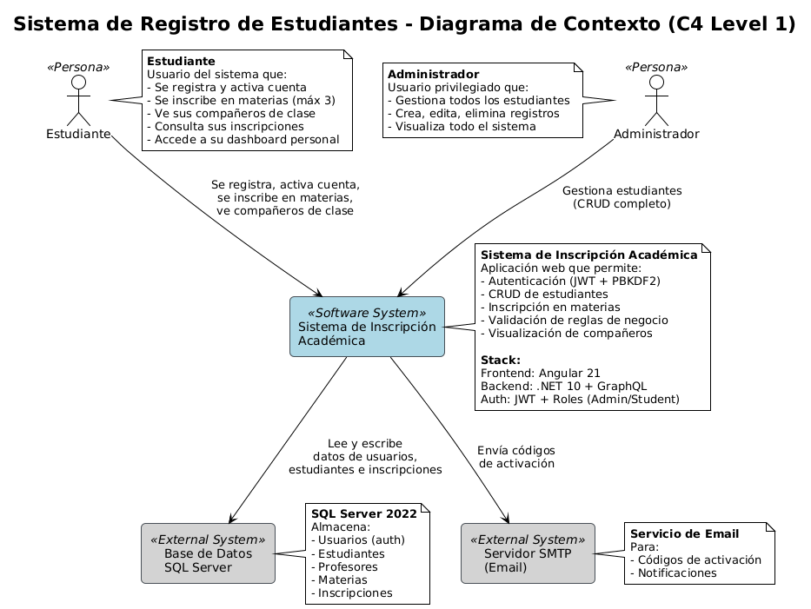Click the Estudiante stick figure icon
(x=78, y=100)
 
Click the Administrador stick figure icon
(x=656, y=100)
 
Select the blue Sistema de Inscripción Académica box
(x=367, y=327)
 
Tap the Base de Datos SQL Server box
(x=208, y=553)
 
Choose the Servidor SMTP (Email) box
(x=528, y=553)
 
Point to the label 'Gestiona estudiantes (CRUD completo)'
(x=622, y=197)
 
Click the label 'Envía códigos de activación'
(x=516, y=457)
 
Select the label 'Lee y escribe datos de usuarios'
(x=365, y=456)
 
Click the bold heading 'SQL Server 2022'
(x=364, y=513)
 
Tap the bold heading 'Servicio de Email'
(x=684, y=533)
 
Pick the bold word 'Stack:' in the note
(x=501, y=360)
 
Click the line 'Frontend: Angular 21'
(x=540, y=374)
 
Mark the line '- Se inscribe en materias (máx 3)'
(x=241, y=100)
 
